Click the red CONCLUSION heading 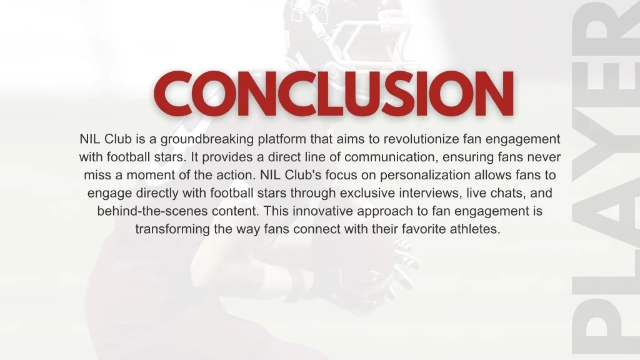coord(334,95)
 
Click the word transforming coord(172,229)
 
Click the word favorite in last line coord(423,229)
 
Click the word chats coord(501,192)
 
